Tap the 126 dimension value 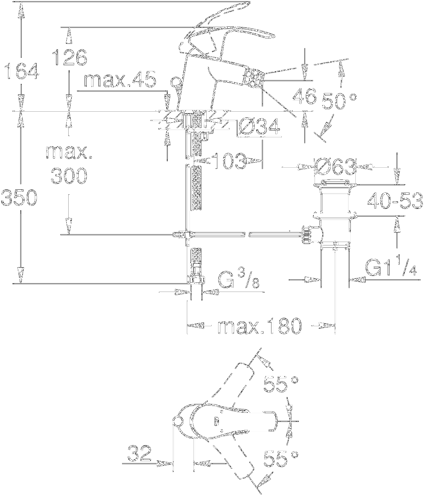(69, 58)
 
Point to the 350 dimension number (19, 197)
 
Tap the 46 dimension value (304, 96)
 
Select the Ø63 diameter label (335, 167)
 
